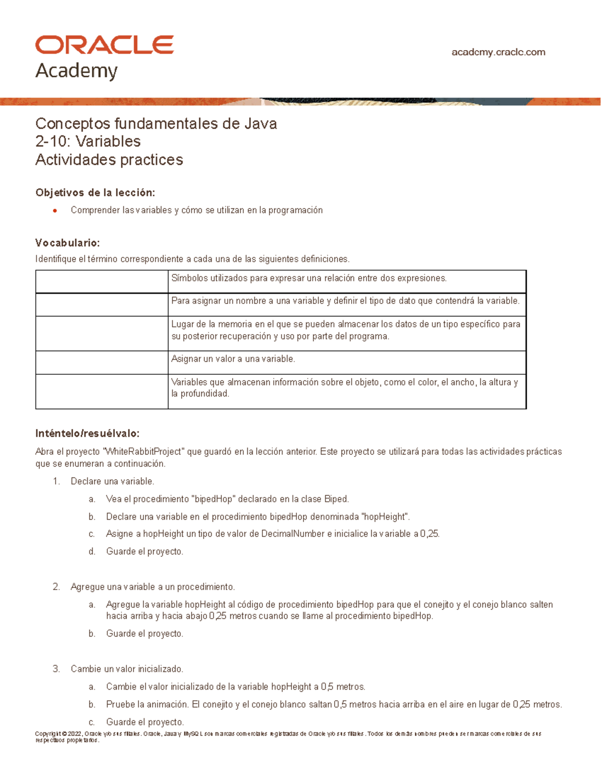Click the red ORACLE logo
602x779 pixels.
pos(104,45)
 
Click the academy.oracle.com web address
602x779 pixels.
pos(498,52)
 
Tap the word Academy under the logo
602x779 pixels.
pos(76,71)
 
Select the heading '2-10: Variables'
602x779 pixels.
pos(88,141)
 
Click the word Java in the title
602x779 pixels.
pos(260,123)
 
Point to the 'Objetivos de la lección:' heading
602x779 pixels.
pos(95,193)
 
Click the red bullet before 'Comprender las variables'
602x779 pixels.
pos(55,211)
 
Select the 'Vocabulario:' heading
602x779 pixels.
pos(67,243)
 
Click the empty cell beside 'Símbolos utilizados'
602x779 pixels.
pos(101,281)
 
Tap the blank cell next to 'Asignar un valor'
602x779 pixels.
pos(101,362)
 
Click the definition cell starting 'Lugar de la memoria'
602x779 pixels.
pos(346,330)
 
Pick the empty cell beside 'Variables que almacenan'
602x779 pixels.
pos(101,391)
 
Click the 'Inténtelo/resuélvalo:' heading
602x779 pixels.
pos(87,433)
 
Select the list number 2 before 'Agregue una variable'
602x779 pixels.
pos(56,587)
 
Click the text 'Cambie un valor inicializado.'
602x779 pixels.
pos(127,669)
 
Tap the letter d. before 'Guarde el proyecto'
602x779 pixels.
pos(92,552)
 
